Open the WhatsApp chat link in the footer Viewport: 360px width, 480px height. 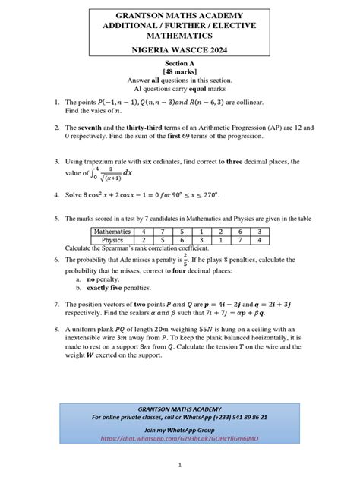tap(179, 438)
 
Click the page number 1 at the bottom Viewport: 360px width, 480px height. tap(180, 464)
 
